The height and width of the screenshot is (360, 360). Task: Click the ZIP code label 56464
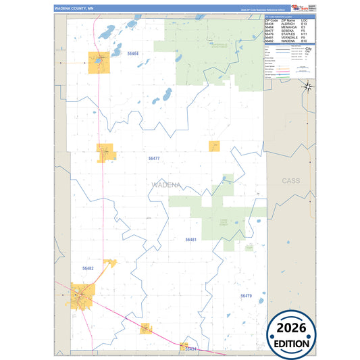click(x=133, y=53)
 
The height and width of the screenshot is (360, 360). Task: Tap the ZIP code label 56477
click(x=154, y=158)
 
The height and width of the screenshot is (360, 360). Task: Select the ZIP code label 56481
click(x=190, y=240)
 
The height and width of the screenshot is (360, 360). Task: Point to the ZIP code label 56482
click(x=88, y=269)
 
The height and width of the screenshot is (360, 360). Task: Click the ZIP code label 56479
click(x=246, y=296)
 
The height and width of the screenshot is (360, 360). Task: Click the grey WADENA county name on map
click(x=165, y=184)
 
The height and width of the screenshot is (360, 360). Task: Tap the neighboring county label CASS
click(x=291, y=181)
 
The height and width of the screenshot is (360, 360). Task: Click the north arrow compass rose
click(x=307, y=86)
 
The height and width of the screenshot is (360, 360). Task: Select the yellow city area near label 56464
click(x=99, y=61)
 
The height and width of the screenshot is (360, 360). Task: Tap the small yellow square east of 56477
click(x=215, y=146)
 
